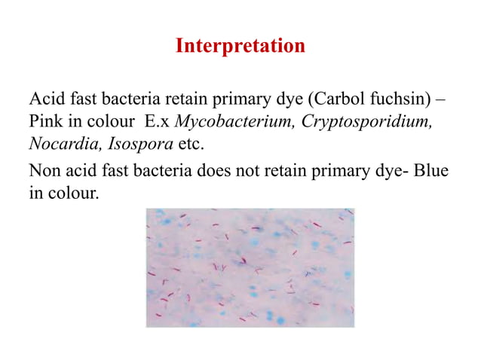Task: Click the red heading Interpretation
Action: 240,47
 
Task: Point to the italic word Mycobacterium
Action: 234,121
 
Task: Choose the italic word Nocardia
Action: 58,142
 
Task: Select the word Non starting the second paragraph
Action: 45,172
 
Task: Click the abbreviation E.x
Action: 158,121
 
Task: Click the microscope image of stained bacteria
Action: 250,267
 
